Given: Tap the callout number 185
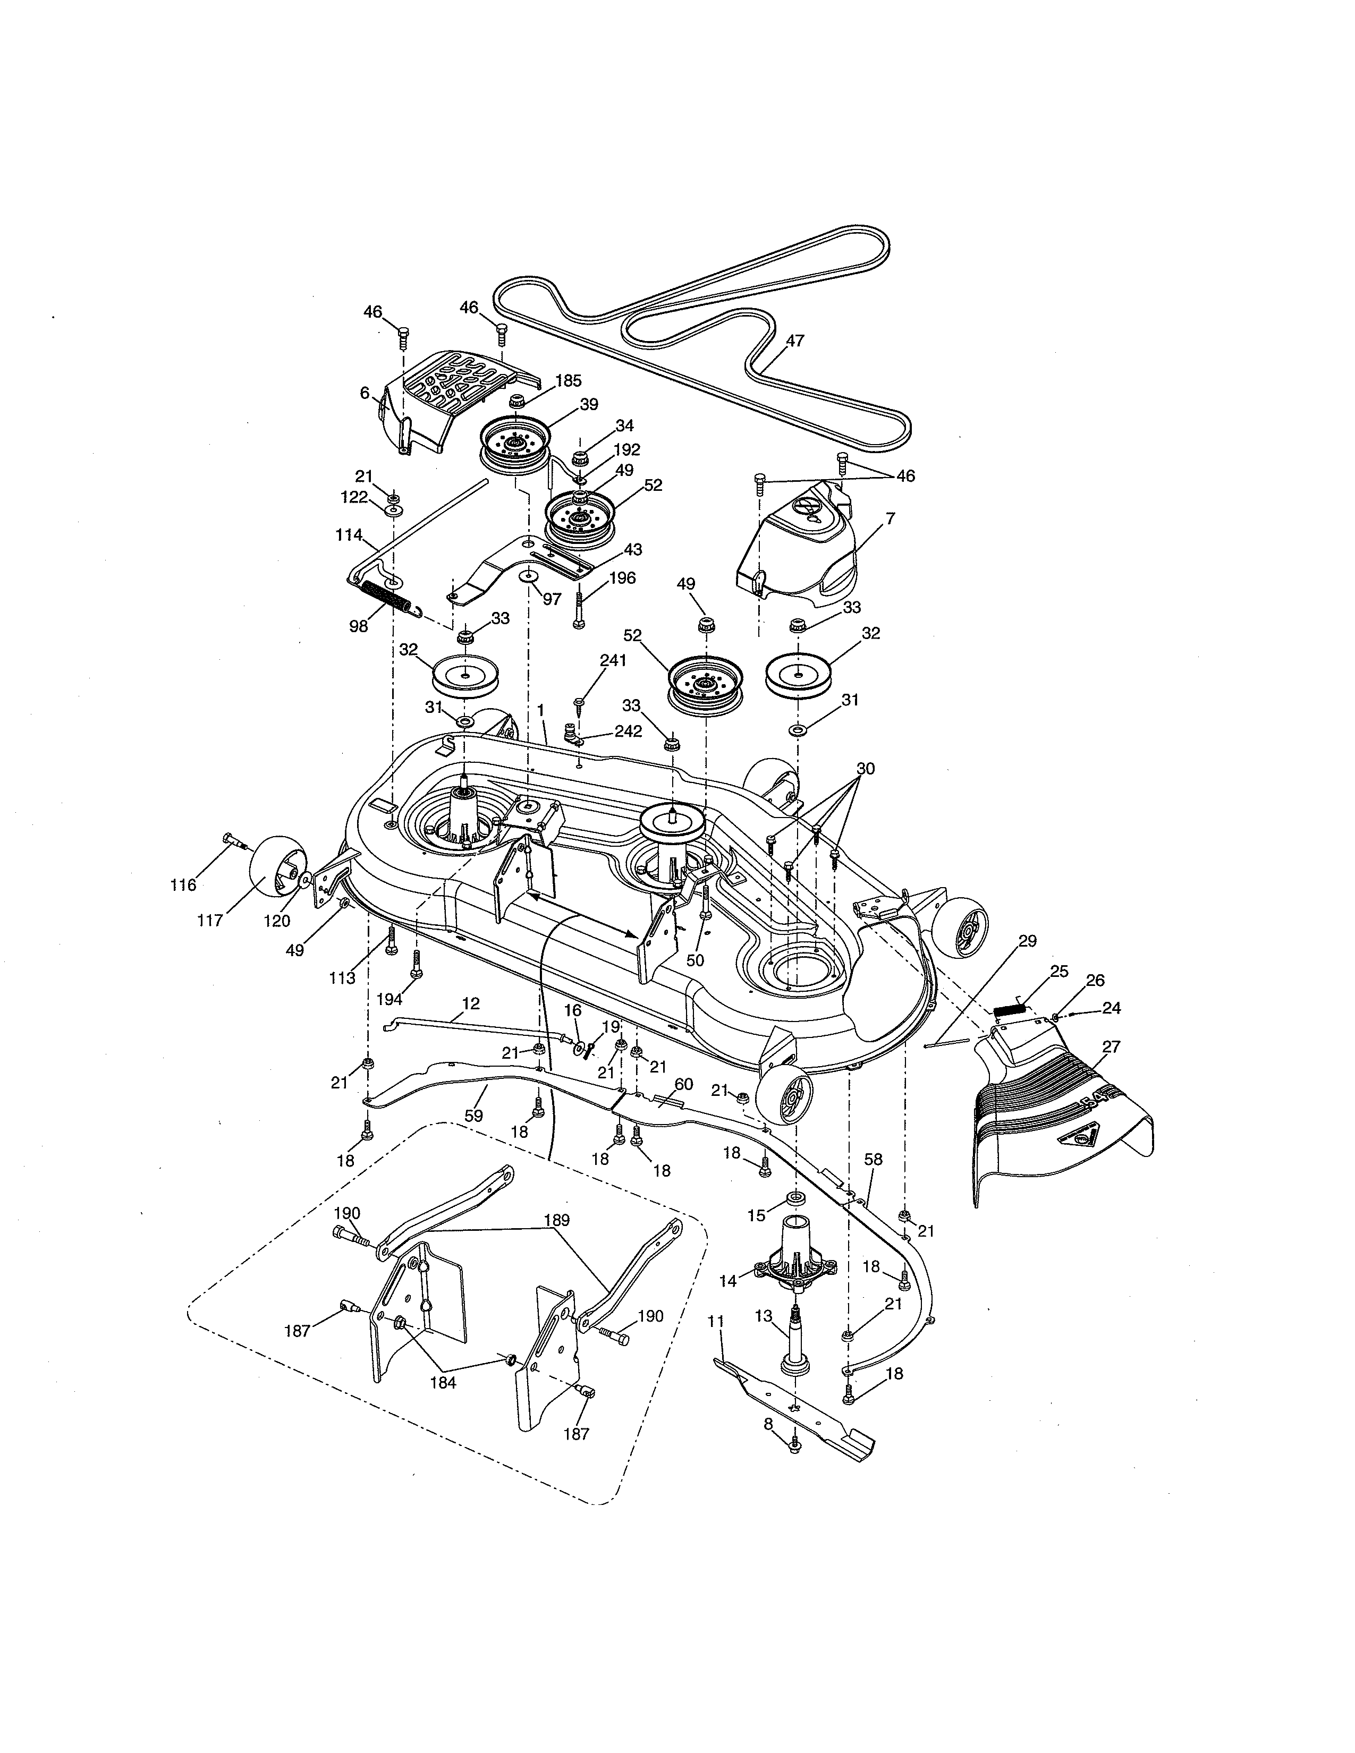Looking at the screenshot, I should click(x=568, y=381).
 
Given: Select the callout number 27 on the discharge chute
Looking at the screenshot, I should click(x=1112, y=1046).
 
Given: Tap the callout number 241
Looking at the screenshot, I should click(x=613, y=661).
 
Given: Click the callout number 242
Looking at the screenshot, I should click(x=628, y=732).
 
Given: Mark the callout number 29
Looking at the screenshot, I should click(x=1028, y=941).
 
